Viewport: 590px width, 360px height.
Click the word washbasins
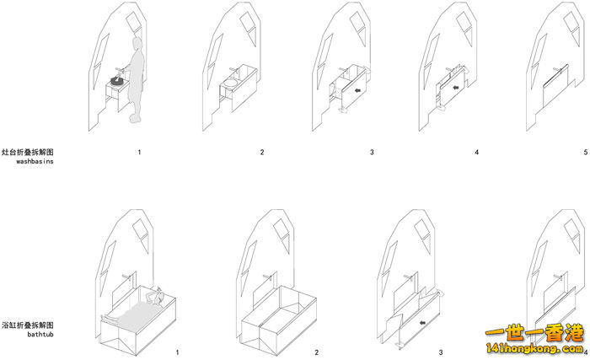pyautogui.click(x=35, y=161)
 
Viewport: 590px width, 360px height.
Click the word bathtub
pyautogui.click(x=40, y=334)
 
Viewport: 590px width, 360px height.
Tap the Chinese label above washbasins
pyautogui.click(x=28, y=152)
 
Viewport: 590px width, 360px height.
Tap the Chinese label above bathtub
pyautogui.click(x=28, y=325)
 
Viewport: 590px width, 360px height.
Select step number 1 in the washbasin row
pyautogui.click(x=139, y=152)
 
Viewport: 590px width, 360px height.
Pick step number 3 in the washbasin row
pyautogui.click(x=372, y=152)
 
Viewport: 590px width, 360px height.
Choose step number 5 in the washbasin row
pyautogui.click(x=586, y=152)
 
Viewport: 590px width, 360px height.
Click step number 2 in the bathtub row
pyautogui.click(x=316, y=352)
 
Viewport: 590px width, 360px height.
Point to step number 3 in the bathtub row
pyautogui.click(x=441, y=352)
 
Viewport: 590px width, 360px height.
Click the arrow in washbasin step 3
pyautogui.click(x=357, y=90)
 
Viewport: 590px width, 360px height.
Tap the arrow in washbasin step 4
pyautogui.click(x=456, y=88)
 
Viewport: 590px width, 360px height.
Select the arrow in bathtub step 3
pyautogui.click(x=422, y=323)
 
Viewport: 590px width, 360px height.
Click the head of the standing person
pyautogui.click(x=137, y=43)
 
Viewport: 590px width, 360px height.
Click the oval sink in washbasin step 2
pyautogui.click(x=230, y=83)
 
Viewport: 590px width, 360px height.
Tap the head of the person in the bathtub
pyautogui.click(x=158, y=297)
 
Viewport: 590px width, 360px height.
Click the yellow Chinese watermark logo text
pyautogui.click(x=534, y=333)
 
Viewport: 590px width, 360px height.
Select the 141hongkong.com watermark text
pyautogui.click(x=534, y=348)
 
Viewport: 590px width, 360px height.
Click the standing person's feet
pyautogui.click(x=136, y=118)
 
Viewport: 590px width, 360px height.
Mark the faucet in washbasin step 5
pyautogui.click(x=556, y=70)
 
